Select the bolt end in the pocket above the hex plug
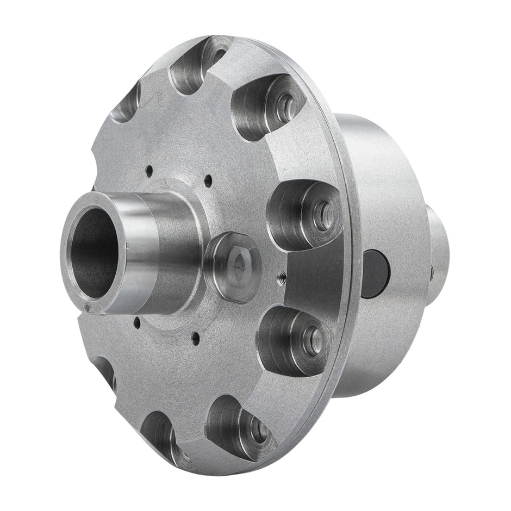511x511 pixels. pos(322,209)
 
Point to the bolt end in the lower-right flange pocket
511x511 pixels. pos(260,428)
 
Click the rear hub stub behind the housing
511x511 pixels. pos(438,242)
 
